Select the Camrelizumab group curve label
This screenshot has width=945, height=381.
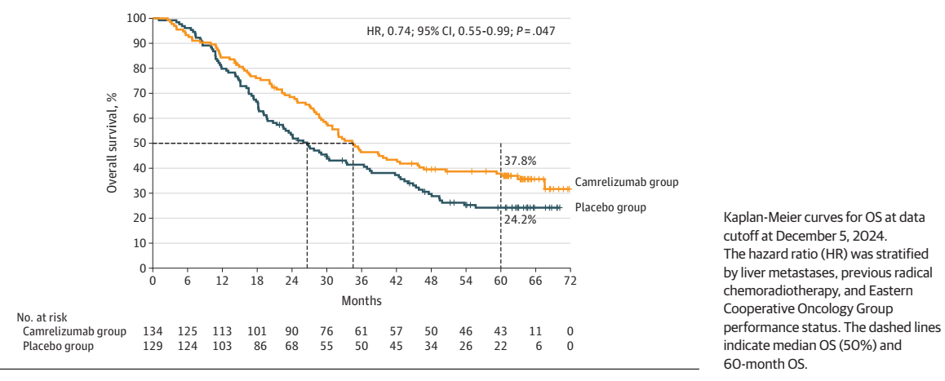(627, 182)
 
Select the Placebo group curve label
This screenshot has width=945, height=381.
(610, 207)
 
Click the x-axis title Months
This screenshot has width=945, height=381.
(362, 299)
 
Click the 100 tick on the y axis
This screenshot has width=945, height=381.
(136, 18)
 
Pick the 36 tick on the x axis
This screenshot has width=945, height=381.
(361, 281)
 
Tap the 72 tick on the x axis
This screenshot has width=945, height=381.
(570, 281)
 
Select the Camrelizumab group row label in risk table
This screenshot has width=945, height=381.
(75, 331)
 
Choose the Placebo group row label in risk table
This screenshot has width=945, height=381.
(59, 346)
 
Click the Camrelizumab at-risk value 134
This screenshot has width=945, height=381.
(153, 331)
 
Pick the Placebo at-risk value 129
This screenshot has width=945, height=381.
(153, 346)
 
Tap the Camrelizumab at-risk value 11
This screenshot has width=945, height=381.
(535, 331)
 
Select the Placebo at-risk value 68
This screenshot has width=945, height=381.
(291, 346)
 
